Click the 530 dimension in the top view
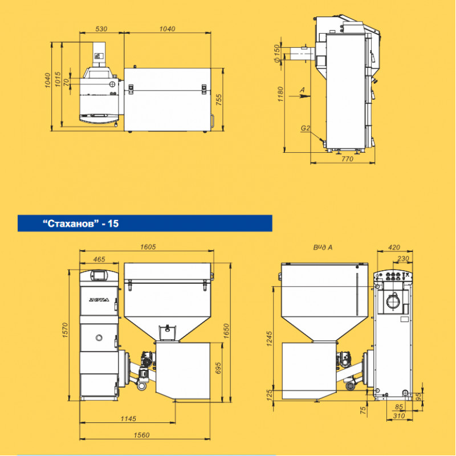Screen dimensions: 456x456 101,29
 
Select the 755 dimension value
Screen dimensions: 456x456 219,99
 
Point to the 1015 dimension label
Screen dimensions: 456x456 58,79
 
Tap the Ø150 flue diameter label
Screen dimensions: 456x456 277,53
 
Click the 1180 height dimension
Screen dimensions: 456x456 280,94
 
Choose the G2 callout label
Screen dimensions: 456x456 306,128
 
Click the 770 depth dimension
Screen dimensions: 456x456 347,159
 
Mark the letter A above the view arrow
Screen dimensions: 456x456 303,90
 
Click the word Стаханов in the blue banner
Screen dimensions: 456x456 69,223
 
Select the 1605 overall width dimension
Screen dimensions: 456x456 148,247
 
